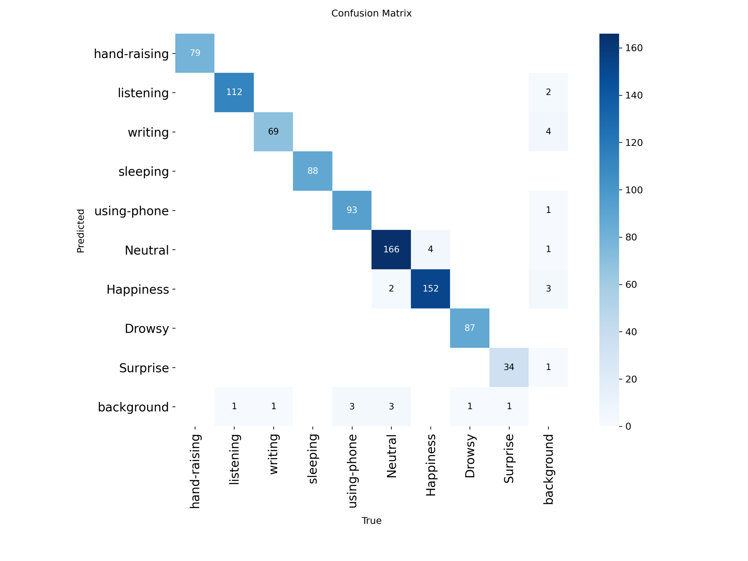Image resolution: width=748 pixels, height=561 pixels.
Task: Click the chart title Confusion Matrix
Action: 371,13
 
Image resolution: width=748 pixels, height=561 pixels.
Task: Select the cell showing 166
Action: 391,249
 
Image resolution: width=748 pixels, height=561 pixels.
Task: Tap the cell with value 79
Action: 195,53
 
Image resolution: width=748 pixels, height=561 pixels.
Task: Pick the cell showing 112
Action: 234,92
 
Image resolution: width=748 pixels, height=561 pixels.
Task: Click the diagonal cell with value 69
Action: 273,131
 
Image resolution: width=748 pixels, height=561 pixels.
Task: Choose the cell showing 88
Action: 312,171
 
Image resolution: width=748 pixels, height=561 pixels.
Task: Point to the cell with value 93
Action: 352,210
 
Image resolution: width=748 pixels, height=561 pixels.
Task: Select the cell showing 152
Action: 430,288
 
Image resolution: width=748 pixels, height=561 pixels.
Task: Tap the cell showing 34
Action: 509,367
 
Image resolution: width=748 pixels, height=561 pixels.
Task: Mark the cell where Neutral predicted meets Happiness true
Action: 430,249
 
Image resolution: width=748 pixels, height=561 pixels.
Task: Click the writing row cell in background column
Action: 548,131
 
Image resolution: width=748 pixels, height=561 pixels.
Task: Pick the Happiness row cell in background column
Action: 548,288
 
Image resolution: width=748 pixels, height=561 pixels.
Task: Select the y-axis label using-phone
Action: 131,211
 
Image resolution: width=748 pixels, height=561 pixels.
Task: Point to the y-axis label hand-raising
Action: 131,54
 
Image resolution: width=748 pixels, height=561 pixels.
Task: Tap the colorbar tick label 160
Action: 634,48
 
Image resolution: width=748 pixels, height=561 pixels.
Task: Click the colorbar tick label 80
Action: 631,237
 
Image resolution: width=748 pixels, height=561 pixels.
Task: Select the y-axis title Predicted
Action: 80,231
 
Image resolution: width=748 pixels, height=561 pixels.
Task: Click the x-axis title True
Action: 371,521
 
